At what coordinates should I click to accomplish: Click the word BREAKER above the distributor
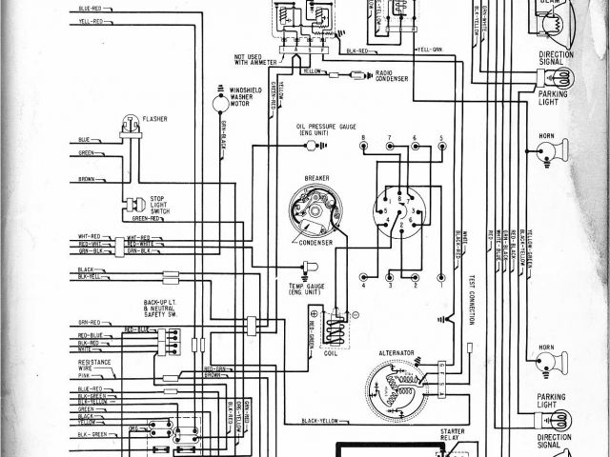tap(316, 178)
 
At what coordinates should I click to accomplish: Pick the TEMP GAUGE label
tap(308, 288)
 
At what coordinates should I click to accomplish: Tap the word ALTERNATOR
tap(396, 352)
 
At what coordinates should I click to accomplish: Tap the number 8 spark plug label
tap(363, 139)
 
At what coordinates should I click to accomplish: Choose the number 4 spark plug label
tap(363, 287)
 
